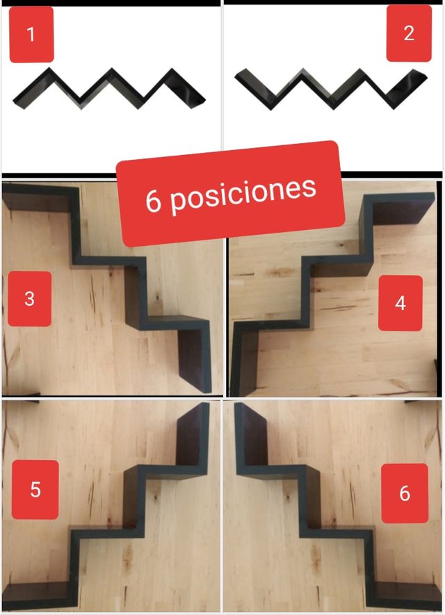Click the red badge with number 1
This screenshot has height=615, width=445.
point(31,35)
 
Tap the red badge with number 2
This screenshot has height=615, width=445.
point(409,33)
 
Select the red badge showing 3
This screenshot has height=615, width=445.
point(29,299)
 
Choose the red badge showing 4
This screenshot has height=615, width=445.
point(400,303)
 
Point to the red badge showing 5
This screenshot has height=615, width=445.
point(35,489)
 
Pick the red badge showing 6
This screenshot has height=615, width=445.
point(405,493)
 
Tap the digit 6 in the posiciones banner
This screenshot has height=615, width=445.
point(153,201)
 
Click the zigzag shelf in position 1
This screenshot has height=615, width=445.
point(109,89)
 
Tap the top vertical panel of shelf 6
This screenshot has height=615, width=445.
point(251,435)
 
